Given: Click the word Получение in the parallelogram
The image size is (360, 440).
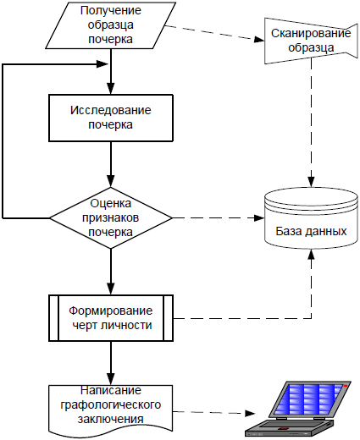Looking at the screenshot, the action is click(x=111, y=10).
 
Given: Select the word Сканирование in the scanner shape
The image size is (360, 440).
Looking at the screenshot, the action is click(x=311, y=33).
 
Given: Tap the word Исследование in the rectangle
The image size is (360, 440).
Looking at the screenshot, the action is click(x=111, y=110).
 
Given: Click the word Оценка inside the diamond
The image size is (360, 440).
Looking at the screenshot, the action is click(x=111, y=203).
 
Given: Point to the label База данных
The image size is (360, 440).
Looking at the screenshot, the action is click(x=311, y=231).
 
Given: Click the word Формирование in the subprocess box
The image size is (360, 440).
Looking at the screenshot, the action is click(x=111, y=311).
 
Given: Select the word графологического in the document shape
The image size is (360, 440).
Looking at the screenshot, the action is click(x=111, y=405).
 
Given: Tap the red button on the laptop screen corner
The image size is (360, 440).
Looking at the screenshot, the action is click(x=346, y=386).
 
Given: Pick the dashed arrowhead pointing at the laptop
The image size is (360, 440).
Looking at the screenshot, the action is click(x=250, y=414).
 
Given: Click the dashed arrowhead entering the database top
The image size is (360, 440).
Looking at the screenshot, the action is click(x=311, y=181).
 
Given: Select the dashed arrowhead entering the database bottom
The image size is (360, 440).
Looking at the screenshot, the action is click(x=311, y=255).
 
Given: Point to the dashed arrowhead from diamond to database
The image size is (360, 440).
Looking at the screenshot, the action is click(x=259, y=217).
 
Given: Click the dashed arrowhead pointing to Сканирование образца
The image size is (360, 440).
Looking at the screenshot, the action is click(x=259, y=40).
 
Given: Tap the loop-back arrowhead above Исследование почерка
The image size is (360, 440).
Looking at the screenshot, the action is click(x=102, y=64).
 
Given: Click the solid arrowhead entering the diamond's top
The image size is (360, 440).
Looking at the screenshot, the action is click(x=111, y=181).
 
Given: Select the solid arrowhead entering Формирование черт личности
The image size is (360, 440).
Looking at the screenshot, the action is click(x=111, y=289).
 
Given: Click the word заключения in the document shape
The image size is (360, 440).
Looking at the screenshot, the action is click(x=111, y=419).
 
